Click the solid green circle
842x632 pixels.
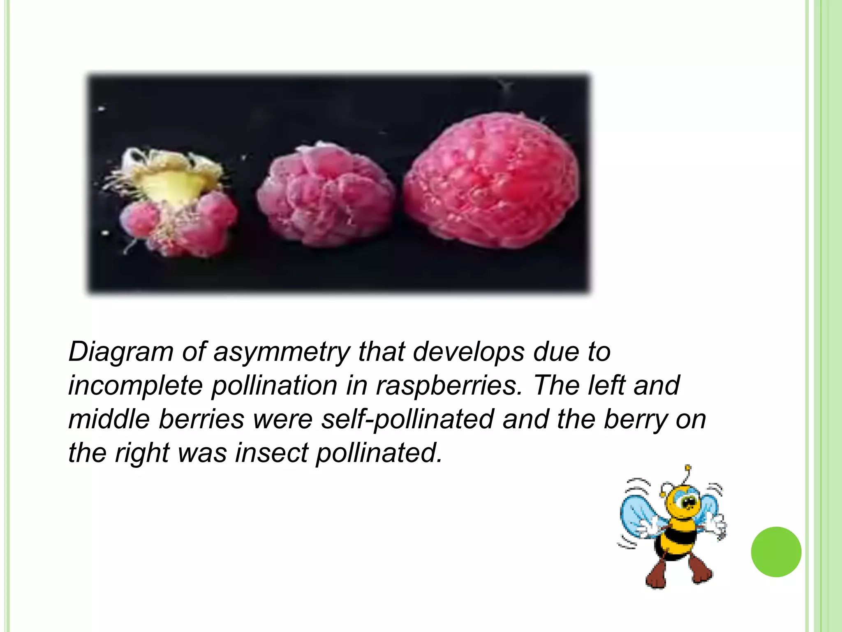[x=776, y=552]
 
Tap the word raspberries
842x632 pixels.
[x=449, y=386]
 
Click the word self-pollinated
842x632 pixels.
[x=407, y=420]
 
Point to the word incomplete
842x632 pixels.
[x=136, y=386]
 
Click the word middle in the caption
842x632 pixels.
[x=109, y=420]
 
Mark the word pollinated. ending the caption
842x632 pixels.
[x=379, y=453]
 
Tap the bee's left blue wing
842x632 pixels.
[x=638, y=514]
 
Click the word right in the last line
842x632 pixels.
[x=142, y=454]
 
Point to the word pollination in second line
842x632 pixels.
[x=274, y=386]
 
